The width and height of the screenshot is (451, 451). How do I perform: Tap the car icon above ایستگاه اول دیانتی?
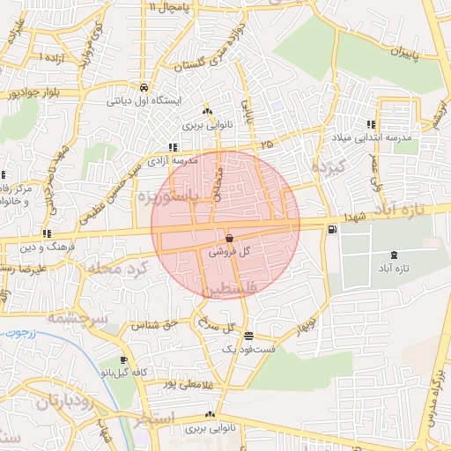pos(143,87)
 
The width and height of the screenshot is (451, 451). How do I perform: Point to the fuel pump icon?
pos(330,230)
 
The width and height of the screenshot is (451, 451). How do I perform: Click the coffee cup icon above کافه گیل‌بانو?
pos(123,360)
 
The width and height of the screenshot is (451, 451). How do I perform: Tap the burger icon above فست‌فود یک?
pos(249,336)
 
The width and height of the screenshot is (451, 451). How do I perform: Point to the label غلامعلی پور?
pos(188,383)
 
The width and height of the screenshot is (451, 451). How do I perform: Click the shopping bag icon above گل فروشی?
pos(229,238)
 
